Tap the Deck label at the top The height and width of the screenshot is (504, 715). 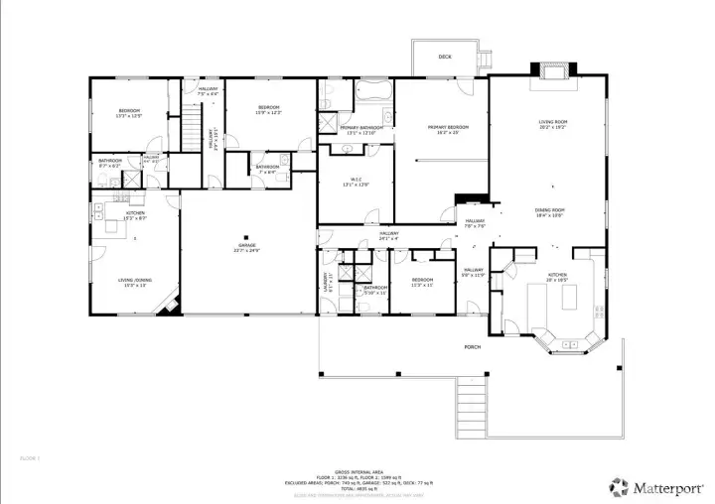coord(445,58)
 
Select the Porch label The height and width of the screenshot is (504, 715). coord(472,347)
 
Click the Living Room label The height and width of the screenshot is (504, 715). coord(552,123)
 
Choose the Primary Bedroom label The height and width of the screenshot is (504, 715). coord(449,127)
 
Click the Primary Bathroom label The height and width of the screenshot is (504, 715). coord(361,128)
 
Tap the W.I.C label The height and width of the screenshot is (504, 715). coord(355,179)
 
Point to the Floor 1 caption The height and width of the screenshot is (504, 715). coord(30,457)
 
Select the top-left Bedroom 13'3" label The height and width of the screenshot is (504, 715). coord(129,110)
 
